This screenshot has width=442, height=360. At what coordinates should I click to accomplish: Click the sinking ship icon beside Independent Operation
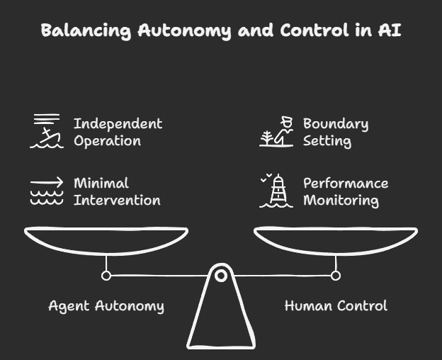[47, 131]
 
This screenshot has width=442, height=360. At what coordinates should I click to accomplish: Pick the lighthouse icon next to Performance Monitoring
[276, 191]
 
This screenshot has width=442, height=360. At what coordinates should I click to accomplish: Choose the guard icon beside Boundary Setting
[276, 131]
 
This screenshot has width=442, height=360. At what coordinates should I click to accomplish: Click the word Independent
[118, 123]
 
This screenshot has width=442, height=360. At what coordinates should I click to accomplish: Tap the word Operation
[107, 140]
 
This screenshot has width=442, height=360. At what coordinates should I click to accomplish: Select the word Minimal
[101, 183]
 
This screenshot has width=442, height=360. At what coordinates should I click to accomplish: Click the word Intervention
[117, 200]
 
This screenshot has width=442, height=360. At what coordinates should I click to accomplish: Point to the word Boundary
[336, 123]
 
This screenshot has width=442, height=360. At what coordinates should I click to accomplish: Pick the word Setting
[327, 140]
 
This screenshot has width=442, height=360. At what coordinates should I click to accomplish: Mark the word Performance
[346, 183]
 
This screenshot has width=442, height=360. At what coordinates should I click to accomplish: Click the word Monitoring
[341, 200]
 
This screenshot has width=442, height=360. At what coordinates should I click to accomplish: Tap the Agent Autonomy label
[106, 306]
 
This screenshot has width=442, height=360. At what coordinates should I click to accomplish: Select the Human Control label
[336, 306]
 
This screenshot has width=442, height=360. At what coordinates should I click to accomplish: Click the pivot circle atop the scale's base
[221, 274]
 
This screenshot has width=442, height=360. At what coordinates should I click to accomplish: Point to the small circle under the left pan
[106, 275]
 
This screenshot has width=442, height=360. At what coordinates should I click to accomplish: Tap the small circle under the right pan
[336, 275]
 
